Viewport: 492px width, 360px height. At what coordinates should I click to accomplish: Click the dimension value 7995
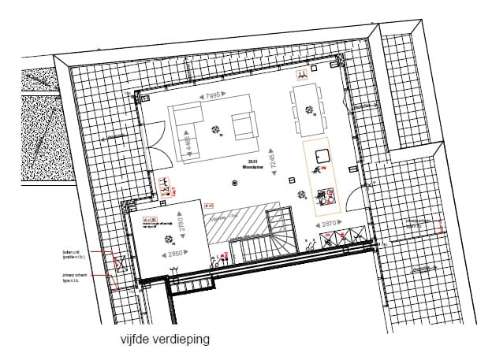click(212, 96)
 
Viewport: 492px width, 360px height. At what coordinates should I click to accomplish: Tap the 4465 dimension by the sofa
click(189, 144)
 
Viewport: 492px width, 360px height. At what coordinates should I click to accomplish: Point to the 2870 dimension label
click(330, 225)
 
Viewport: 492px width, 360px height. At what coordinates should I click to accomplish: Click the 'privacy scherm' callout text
click(75, 277)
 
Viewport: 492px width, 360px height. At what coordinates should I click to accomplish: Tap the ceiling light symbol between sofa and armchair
click(215, 130)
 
